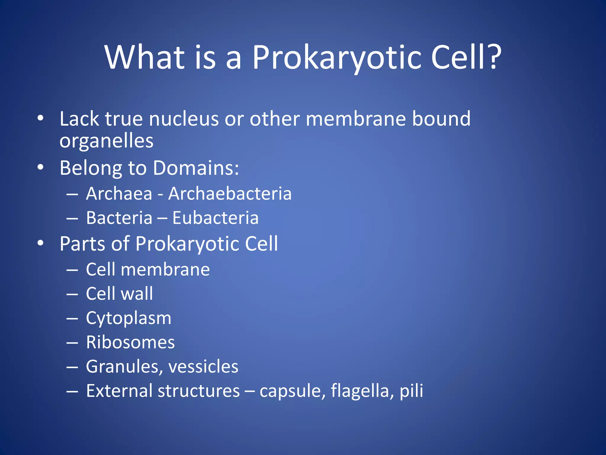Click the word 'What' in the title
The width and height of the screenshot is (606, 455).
click(x=145, y=57)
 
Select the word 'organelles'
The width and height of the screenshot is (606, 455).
click(x=107, y=141)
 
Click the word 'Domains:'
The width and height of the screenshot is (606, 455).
click(x=196, y=168)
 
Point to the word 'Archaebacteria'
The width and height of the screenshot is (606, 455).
click(x=230, y=194)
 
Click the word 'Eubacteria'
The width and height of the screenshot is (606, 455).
click(x=215, y=218)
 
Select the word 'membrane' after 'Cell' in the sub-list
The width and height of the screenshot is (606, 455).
click(x=165, y=270)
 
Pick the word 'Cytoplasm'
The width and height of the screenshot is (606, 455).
click(x=128, y=318)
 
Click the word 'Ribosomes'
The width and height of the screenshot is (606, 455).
click(x=130, y=342)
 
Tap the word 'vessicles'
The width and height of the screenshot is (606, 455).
click(x=203, y=367)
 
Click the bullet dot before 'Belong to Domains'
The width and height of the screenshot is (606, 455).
click(x=41, y=167)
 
